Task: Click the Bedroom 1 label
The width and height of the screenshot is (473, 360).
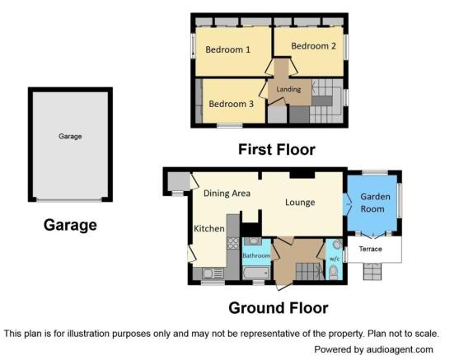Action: pyautogui.click(x=227, y=49)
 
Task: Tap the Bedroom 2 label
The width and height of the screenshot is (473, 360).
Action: pyautogui.click(x=313, y=46)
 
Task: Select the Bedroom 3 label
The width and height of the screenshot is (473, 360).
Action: pyautogui.click(x=231, y=104)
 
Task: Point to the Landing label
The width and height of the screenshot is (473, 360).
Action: pyautogui.click(x=288, y=89)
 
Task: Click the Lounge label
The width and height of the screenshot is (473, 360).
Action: pyautogui.click(x=300, y=202)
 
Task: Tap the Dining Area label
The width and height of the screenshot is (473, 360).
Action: pyautogui.click(x=227, y=193)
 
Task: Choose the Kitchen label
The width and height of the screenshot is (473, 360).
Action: pyautogui.click(x=209, y=228)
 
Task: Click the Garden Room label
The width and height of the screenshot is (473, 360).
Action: pyautogui.click(x=375, y=203)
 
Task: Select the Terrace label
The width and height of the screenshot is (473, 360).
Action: pyautogui.click(x=371, y=249)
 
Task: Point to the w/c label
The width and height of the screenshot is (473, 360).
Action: pyautogui.click(x=335, y=259)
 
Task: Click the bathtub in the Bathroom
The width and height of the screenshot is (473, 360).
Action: pyautogui.click(x=256, y=273)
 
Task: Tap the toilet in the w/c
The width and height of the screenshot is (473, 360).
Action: pyautogui.click(x=334, y=272)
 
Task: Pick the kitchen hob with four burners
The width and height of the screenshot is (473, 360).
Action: pyautogui.click(x=233, y=243)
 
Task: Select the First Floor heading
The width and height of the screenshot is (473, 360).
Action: pyautogui.click(x=277, y=150)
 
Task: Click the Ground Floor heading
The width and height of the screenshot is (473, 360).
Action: pyautogui.click(x=279, y=308)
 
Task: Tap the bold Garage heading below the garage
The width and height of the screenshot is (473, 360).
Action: pyautogui.click(x=70, y=225)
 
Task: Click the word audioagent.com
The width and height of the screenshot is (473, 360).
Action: pyautogui.click(x=400, y=349)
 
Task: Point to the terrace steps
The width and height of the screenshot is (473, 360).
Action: pyautogui.click(x=372, y=271)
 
